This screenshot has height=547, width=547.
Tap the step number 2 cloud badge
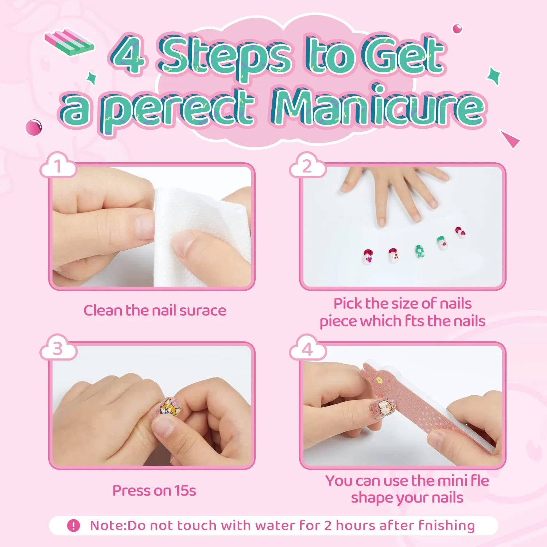point(308,166)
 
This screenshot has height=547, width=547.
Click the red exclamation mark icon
point(73,525)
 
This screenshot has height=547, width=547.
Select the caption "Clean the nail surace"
point(155,310)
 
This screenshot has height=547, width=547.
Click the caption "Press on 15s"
point(154,490)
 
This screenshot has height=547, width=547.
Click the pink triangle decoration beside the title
point(510,139)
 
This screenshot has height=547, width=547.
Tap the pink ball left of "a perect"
point(34,127)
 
